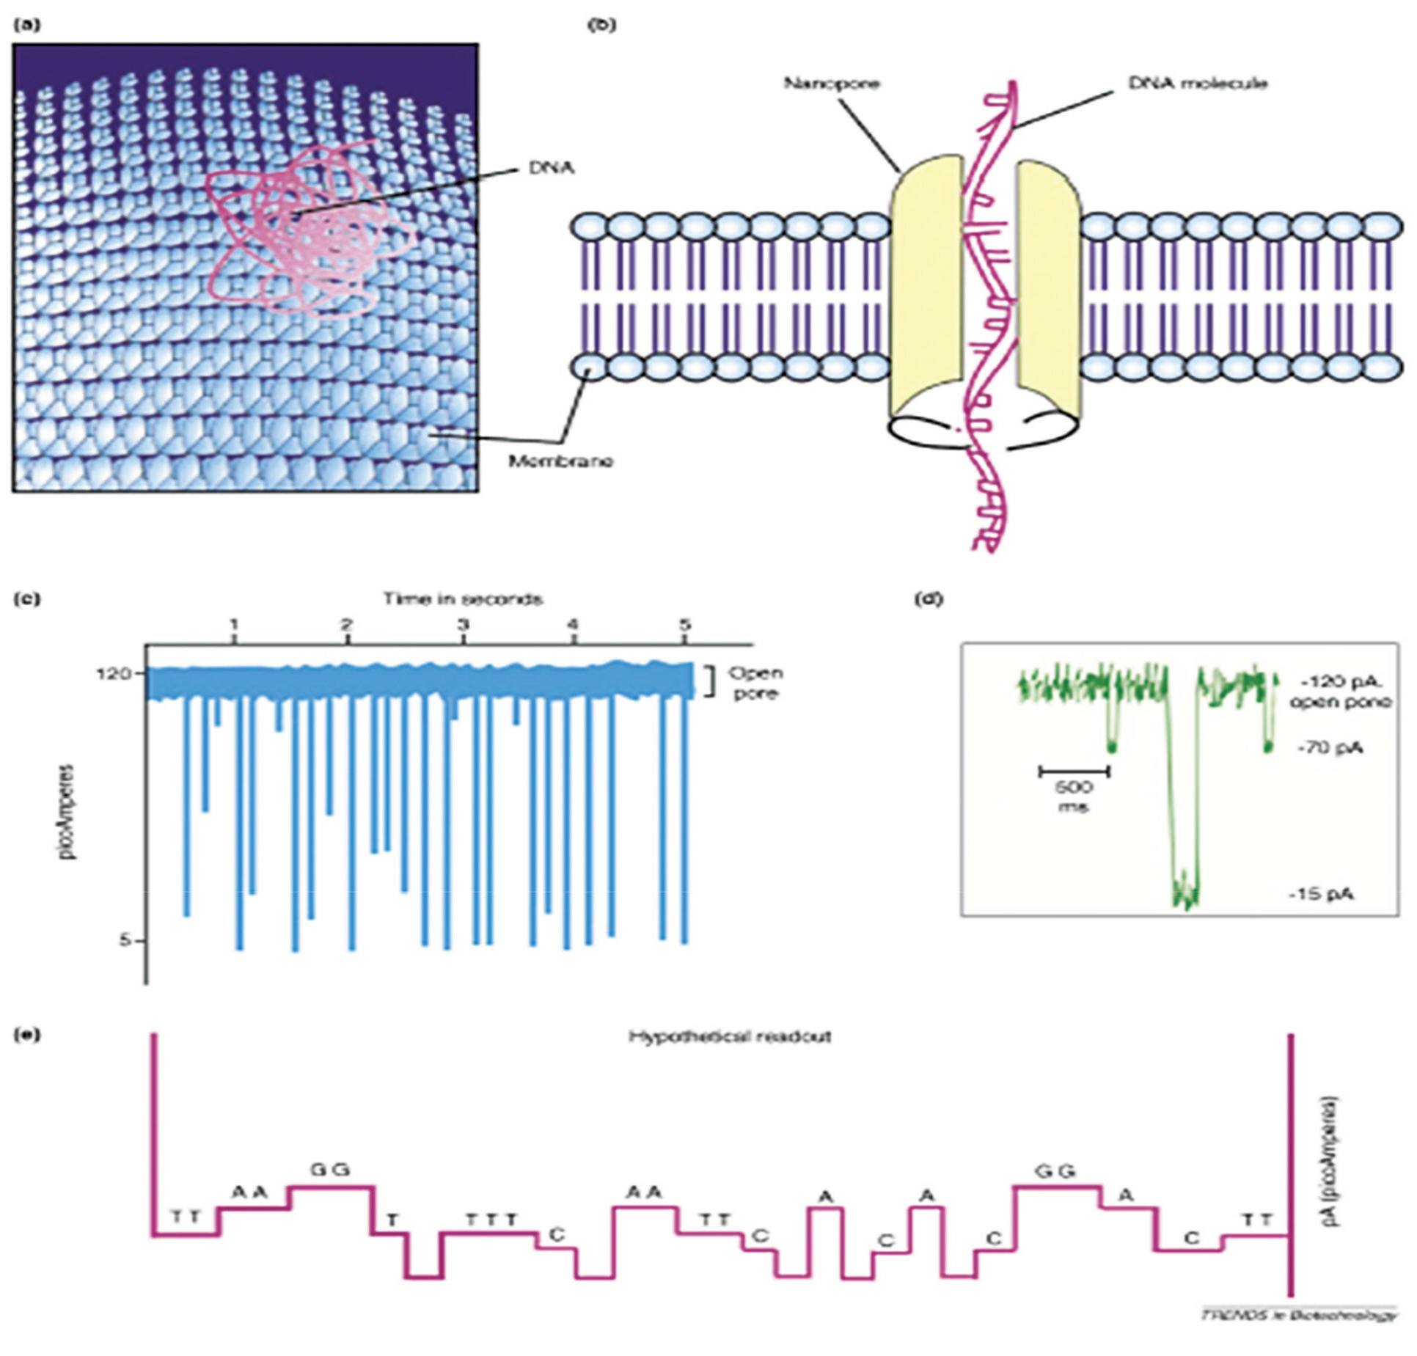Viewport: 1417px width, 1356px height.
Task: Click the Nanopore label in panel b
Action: click(832, 83)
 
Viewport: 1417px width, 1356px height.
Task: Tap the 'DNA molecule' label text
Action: click(1197, 84)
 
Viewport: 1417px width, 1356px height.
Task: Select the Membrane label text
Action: click(560, 461)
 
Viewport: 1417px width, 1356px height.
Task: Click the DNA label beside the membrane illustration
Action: click(552, 169)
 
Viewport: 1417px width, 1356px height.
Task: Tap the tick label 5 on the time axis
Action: click(684, 626)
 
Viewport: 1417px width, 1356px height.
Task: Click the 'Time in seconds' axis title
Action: click(462, 599)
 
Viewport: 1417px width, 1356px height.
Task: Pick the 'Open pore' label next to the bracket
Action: click(755, 683)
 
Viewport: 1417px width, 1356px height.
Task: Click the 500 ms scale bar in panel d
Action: click(1074, 771)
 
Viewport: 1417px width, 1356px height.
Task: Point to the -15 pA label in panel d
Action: click(1321, 894)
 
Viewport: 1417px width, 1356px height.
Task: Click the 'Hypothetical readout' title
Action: click(730, 1036)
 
